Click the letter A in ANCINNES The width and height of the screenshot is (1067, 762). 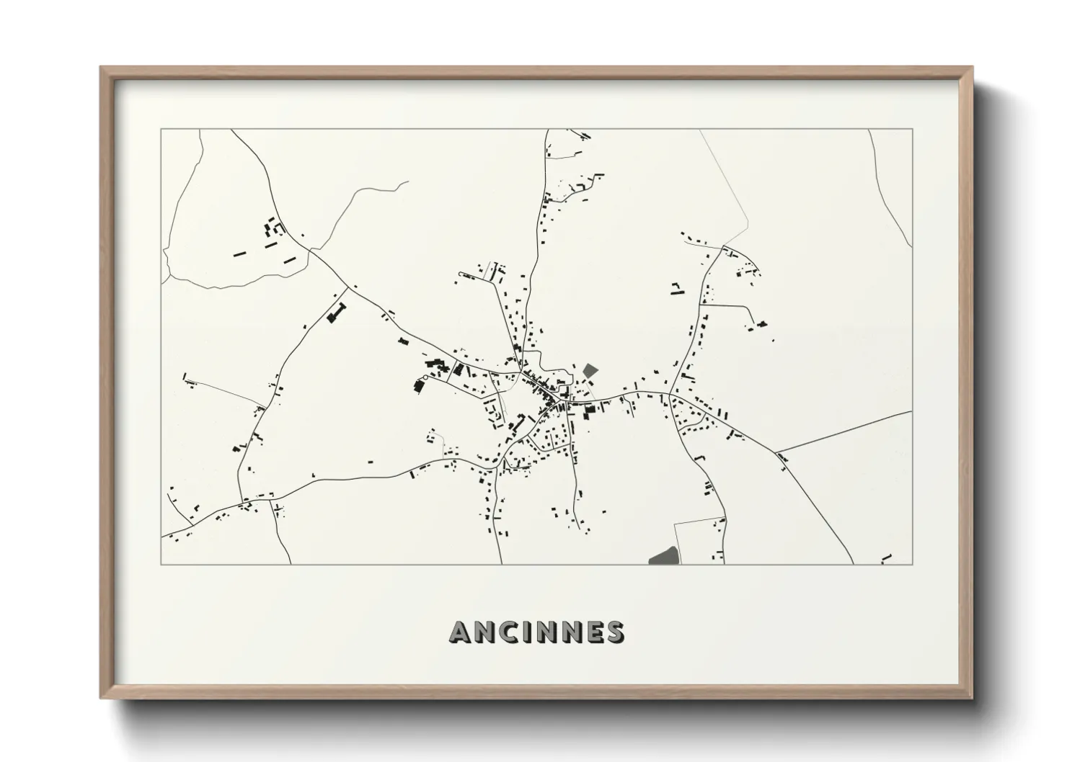click(x=461, y=632)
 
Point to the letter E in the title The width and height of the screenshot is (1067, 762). click(x=594, y=632)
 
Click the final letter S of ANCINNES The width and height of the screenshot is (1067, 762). click(x=615, y=632)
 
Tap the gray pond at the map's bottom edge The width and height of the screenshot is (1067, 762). click(x=664, y=556)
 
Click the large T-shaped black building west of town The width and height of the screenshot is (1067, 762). click(x=336, y=314)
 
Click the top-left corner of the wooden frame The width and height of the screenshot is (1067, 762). click(x=101, y=68)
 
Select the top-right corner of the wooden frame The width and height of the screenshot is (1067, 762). click(x=972, y=68)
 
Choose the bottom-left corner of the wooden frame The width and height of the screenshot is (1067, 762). click(x=101, y=698)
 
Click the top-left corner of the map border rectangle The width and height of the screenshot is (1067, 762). click(x=161, y=129)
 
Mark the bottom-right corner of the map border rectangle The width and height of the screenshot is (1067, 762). click(x=913, y=565)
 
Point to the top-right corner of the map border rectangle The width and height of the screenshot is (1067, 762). click(x=913, y=129)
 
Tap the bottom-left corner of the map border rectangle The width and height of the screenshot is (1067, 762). click(x=161, y=565)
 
